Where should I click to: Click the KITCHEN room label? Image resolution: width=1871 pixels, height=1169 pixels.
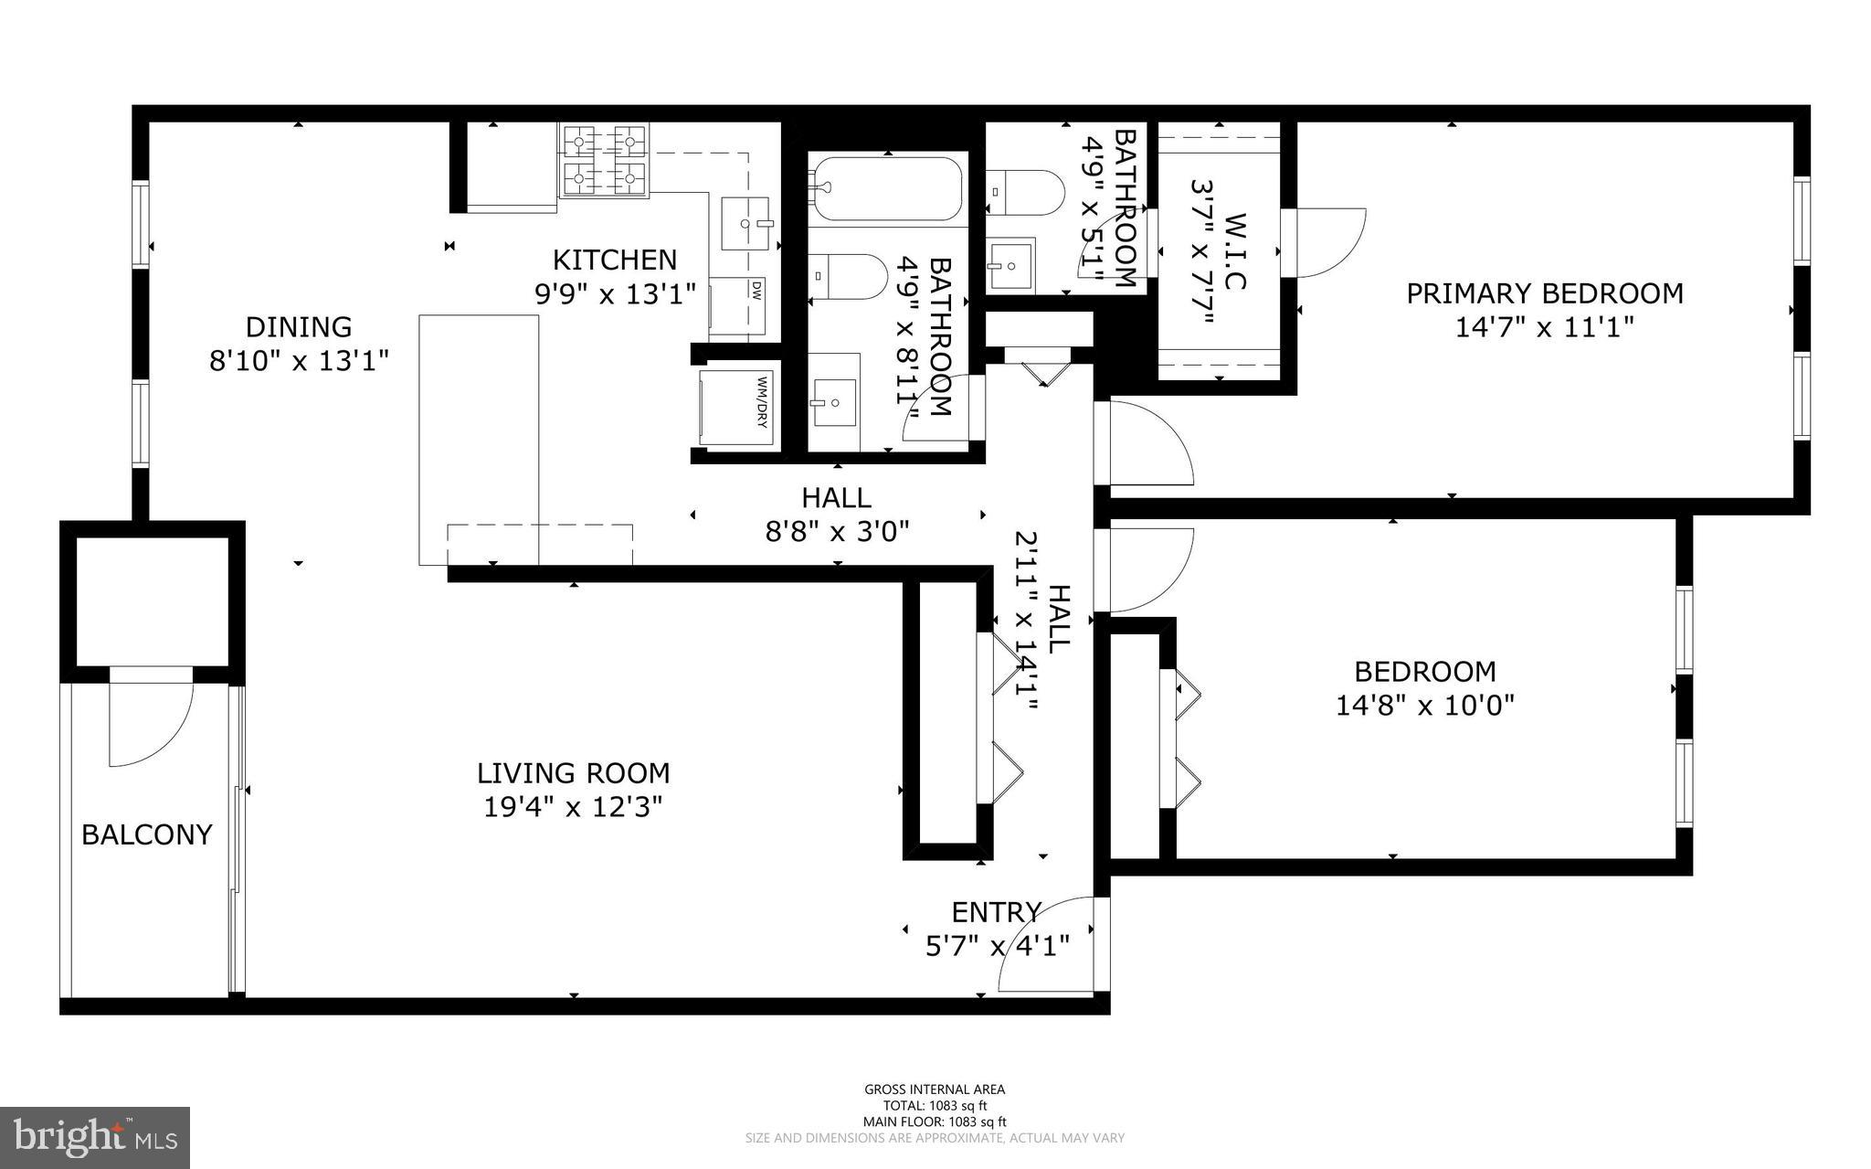pyautogui.click(x=615, y=260)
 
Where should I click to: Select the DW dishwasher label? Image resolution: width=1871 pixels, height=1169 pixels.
pyautogui.click(x=756, y=290)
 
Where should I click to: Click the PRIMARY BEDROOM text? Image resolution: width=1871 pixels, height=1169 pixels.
pyautogui.click(x=1544, y=293)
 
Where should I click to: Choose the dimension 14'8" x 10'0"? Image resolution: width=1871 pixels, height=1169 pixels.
pyautogui.click(x=1425, y=706)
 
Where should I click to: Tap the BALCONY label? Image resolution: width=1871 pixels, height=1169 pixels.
pyautogui.click(x=147, y=834)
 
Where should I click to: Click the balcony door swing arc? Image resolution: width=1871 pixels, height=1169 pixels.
pyautogui.click(x=151, y=722)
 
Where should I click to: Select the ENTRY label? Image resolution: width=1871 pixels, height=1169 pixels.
pyautogui.click(x=996, y=912)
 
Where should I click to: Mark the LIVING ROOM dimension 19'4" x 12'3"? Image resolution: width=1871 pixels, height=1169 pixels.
pyautogui.click(x=573, y=808)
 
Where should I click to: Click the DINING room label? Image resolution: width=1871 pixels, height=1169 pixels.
pyautogui.click(x=299, y=326)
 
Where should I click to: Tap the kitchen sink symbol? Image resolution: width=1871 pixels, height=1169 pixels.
pyautogui.click(x=745, y=222)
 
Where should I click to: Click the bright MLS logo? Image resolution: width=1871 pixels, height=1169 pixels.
pyautogui.click(x=94, y=1137)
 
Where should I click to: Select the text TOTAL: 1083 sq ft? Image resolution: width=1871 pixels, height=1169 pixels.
pyautogui.click(x=935, y=1105)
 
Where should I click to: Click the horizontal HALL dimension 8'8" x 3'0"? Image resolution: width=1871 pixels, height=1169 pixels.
pyautogui.click(x=837, y=531)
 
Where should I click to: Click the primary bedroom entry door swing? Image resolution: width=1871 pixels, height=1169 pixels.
pyautogui.click(x=1147, y=443)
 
